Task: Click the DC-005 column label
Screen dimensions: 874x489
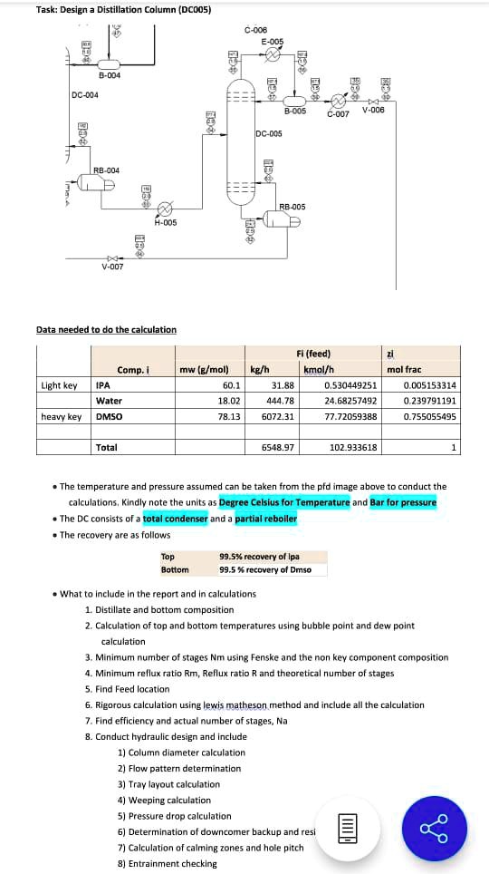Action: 270,133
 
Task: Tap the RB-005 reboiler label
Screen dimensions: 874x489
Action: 292,207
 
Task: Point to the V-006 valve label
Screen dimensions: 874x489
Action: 373,110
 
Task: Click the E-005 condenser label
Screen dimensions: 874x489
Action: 272,42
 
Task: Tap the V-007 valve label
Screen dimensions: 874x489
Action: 112,267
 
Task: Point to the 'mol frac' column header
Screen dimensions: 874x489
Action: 404,370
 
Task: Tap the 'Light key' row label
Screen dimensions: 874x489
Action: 59,385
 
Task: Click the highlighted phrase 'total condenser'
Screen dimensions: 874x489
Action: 175,519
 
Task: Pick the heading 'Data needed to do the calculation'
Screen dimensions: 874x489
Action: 106,329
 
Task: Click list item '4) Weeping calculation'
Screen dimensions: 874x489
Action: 165,800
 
